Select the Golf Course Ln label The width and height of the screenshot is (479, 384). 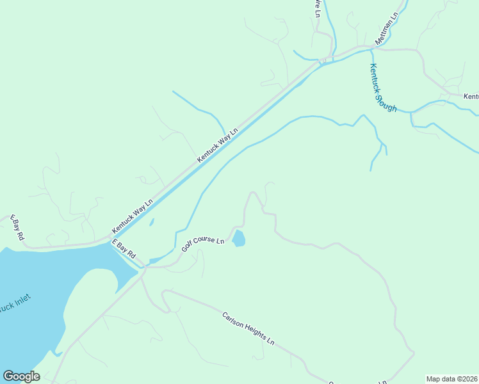[202, 244]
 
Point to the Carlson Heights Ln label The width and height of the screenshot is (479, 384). [248, 328]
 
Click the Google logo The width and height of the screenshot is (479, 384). [21, 376]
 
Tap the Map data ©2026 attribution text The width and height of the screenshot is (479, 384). [451, 378]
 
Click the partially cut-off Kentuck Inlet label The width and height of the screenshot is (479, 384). [14, 304]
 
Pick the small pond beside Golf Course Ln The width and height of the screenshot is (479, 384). [238, 239]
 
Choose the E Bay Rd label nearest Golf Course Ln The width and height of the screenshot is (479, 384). [124, 249]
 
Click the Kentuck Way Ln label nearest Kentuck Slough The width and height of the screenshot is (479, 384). [217, 145]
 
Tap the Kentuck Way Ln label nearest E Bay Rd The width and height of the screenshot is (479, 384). [133, 216]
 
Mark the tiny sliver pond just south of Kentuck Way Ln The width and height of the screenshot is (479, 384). [151, 223]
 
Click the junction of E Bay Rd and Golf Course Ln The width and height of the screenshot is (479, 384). [143, 268]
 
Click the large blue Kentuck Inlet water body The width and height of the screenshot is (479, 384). [32, 301]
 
